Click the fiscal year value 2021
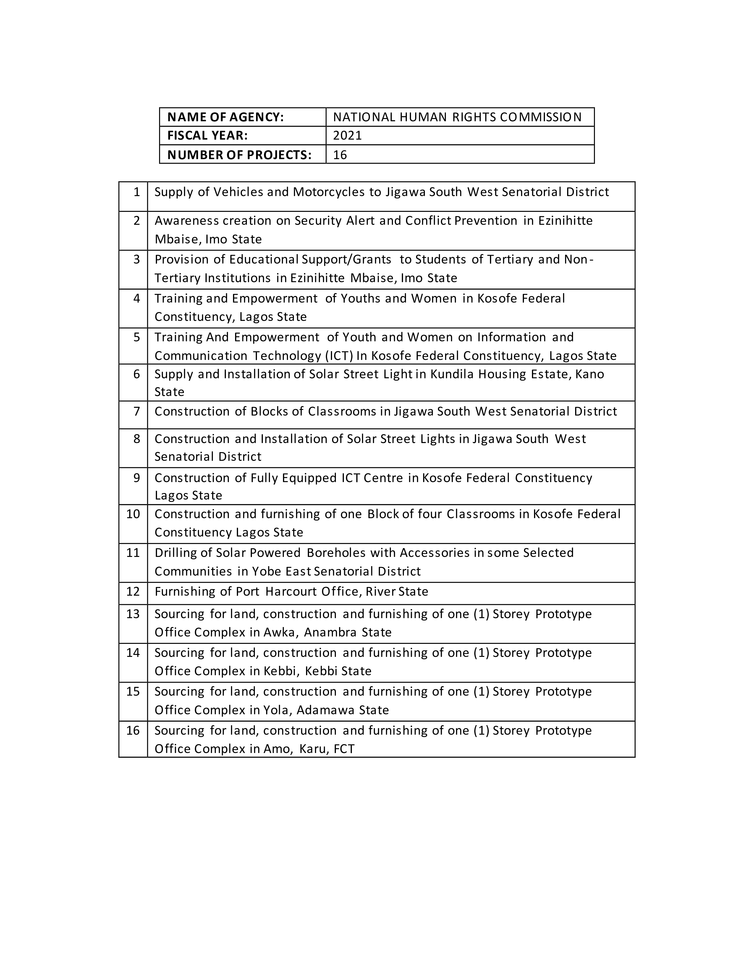[347, 135]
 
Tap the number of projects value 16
[340, 155]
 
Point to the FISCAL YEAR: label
[207, 135]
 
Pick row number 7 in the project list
[137, 411]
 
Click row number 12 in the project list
[133, 592]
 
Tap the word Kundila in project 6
[452, 374]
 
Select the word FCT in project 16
[344, 749]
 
